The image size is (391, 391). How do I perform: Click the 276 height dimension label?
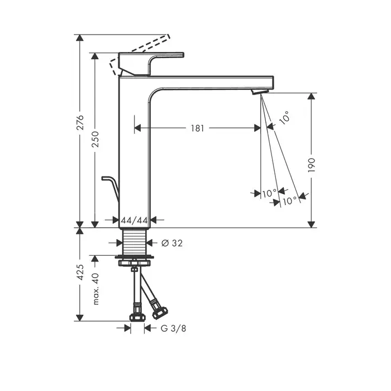[x=80, y=122]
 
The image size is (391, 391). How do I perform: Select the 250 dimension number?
[x=96, y=139]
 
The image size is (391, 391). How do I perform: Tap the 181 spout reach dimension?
[x=197, y=128]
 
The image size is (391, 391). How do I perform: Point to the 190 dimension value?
[x=312, y=165]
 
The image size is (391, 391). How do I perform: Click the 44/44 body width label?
[x=135, y=220]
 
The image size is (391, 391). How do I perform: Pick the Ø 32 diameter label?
[x=172, y=243]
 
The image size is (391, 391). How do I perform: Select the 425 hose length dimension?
[x=80, y=272]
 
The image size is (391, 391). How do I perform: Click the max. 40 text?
[x=96, y=289]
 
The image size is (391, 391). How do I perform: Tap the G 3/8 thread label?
[x=173, y=328]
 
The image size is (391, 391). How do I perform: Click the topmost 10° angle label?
[x=284, y=118]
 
